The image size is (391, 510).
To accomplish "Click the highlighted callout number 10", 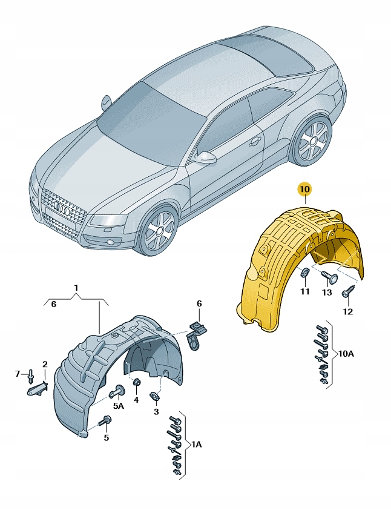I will [304, 190].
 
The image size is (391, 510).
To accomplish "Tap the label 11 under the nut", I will [305, 291].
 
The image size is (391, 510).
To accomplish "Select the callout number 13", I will [327, 292].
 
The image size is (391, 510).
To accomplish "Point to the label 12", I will [347, 311].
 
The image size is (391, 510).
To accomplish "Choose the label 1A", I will [198, 445].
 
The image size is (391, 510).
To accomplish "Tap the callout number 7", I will [18, 373].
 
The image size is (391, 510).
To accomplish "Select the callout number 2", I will [44, 364].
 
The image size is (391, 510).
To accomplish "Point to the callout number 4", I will [136, 399].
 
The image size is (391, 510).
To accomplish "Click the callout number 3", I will [156, 412].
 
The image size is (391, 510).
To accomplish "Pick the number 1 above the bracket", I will [76, 286].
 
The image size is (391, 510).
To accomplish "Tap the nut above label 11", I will [304, 274].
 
